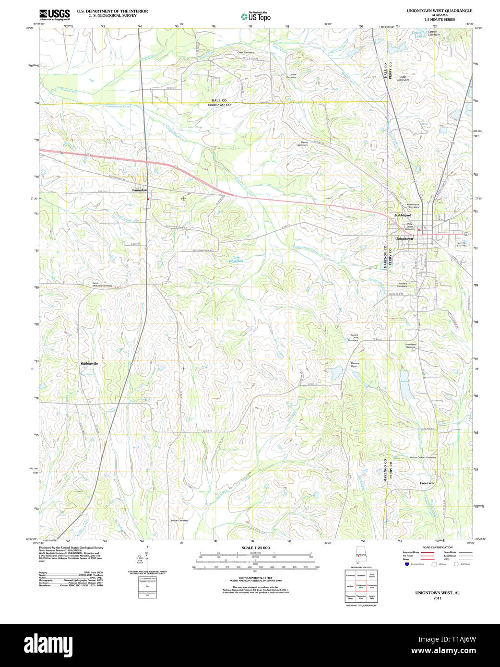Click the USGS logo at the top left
click(54, 13)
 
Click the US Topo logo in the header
click(256, 17)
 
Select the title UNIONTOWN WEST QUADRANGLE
click(439, 11)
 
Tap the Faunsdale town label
click(140, 190)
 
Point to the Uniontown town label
click(404, 238)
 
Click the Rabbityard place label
click(403, 215)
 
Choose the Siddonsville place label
click(89, 364)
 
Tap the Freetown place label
click(427, 483)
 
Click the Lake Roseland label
click(238, 259)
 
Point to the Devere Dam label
click(355, 365)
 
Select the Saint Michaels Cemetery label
click(102, 285)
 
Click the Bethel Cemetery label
click(179, 520)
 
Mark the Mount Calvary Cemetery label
click(423, 457)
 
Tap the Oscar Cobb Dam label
click(403, 78)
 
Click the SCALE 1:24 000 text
click(255, 548)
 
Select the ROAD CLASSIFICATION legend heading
click(437, 548)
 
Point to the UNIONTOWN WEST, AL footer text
click(437, 593)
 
